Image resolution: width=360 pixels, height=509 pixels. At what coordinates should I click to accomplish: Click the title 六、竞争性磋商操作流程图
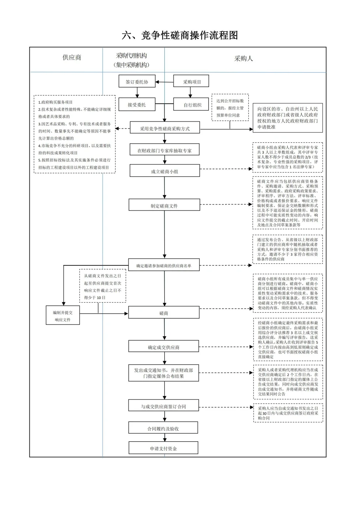180,35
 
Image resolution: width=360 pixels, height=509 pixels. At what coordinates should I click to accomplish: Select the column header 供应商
72,57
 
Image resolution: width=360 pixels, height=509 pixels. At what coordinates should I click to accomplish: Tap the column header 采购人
243,59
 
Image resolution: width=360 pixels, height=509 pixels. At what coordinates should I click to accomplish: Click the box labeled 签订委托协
137,82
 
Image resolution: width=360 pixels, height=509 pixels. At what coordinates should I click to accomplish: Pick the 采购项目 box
191,82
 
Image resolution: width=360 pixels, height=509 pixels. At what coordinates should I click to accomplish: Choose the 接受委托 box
137,105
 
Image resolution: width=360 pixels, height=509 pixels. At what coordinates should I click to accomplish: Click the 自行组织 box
192,105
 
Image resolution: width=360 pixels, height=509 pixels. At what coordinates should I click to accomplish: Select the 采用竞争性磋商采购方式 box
165,128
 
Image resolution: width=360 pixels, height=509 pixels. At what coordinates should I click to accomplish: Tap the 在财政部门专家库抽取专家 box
164,150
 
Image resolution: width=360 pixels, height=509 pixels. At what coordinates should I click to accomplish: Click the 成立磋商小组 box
164,171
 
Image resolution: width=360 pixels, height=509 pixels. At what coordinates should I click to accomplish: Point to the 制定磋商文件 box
164,206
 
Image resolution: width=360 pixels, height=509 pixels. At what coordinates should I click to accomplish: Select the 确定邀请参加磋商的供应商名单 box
164,265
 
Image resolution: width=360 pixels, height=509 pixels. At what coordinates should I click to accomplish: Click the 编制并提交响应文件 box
63,316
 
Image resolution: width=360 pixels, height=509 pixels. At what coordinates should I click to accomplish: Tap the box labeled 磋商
164,313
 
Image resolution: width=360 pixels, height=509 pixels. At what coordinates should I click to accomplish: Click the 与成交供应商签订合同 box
163,406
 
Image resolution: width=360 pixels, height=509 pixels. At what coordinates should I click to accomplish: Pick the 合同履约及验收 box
163,428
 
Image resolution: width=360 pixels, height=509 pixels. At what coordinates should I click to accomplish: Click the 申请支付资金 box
163,448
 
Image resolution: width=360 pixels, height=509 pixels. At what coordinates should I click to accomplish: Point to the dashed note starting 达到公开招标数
230,108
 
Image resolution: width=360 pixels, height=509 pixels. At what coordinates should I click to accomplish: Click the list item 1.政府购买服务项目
55,102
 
